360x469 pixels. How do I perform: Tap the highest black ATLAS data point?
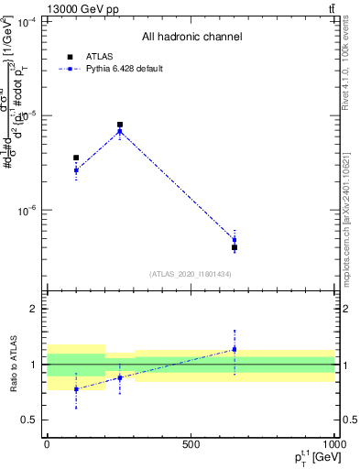point(120,125)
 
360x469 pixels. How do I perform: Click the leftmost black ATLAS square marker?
point(76,158)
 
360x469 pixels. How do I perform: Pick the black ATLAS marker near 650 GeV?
point(235,247)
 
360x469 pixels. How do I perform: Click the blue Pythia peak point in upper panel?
point(120,132)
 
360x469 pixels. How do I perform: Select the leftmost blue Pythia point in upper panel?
point(76,170)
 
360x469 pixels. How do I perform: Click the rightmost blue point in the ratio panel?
point(235,349)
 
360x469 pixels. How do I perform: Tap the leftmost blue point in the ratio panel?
point(76,389)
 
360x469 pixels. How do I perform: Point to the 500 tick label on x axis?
point(191,443)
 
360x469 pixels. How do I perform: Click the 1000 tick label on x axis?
point(334,443)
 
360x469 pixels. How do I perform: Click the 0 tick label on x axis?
point(47,443)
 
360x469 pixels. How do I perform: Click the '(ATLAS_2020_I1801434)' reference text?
point(191,274)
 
